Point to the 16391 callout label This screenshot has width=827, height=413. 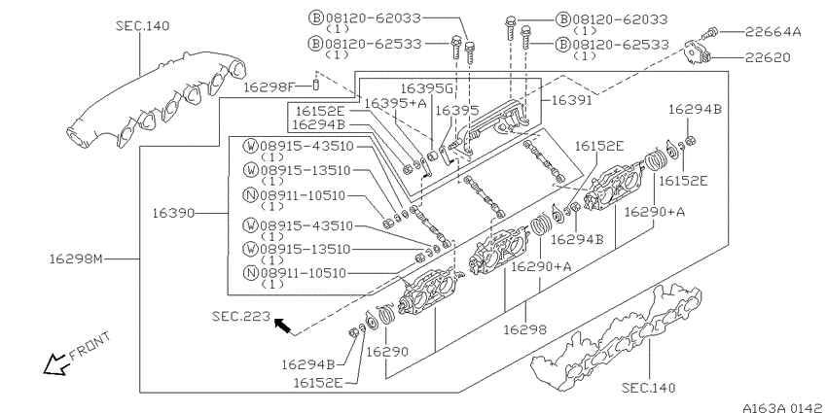coord(572,99)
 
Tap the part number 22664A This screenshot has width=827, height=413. coord(773,32)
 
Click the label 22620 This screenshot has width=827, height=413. coord(768,57)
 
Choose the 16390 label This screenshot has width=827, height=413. coord(173,213)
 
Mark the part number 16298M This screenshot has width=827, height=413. coord(77,258)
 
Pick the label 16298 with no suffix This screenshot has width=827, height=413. coord(524,329)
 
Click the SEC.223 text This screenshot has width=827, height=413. coord(241,316)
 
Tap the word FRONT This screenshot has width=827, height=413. coord(90,346)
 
